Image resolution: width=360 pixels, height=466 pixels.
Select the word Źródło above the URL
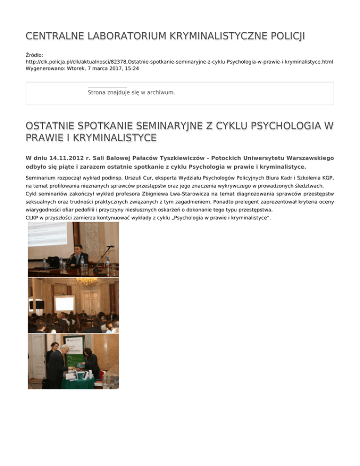[x=34, y=55]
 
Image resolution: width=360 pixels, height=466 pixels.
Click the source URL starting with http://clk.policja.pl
[x=179, y=62]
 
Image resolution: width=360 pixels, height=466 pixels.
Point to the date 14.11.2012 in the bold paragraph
[x=66, y=158]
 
